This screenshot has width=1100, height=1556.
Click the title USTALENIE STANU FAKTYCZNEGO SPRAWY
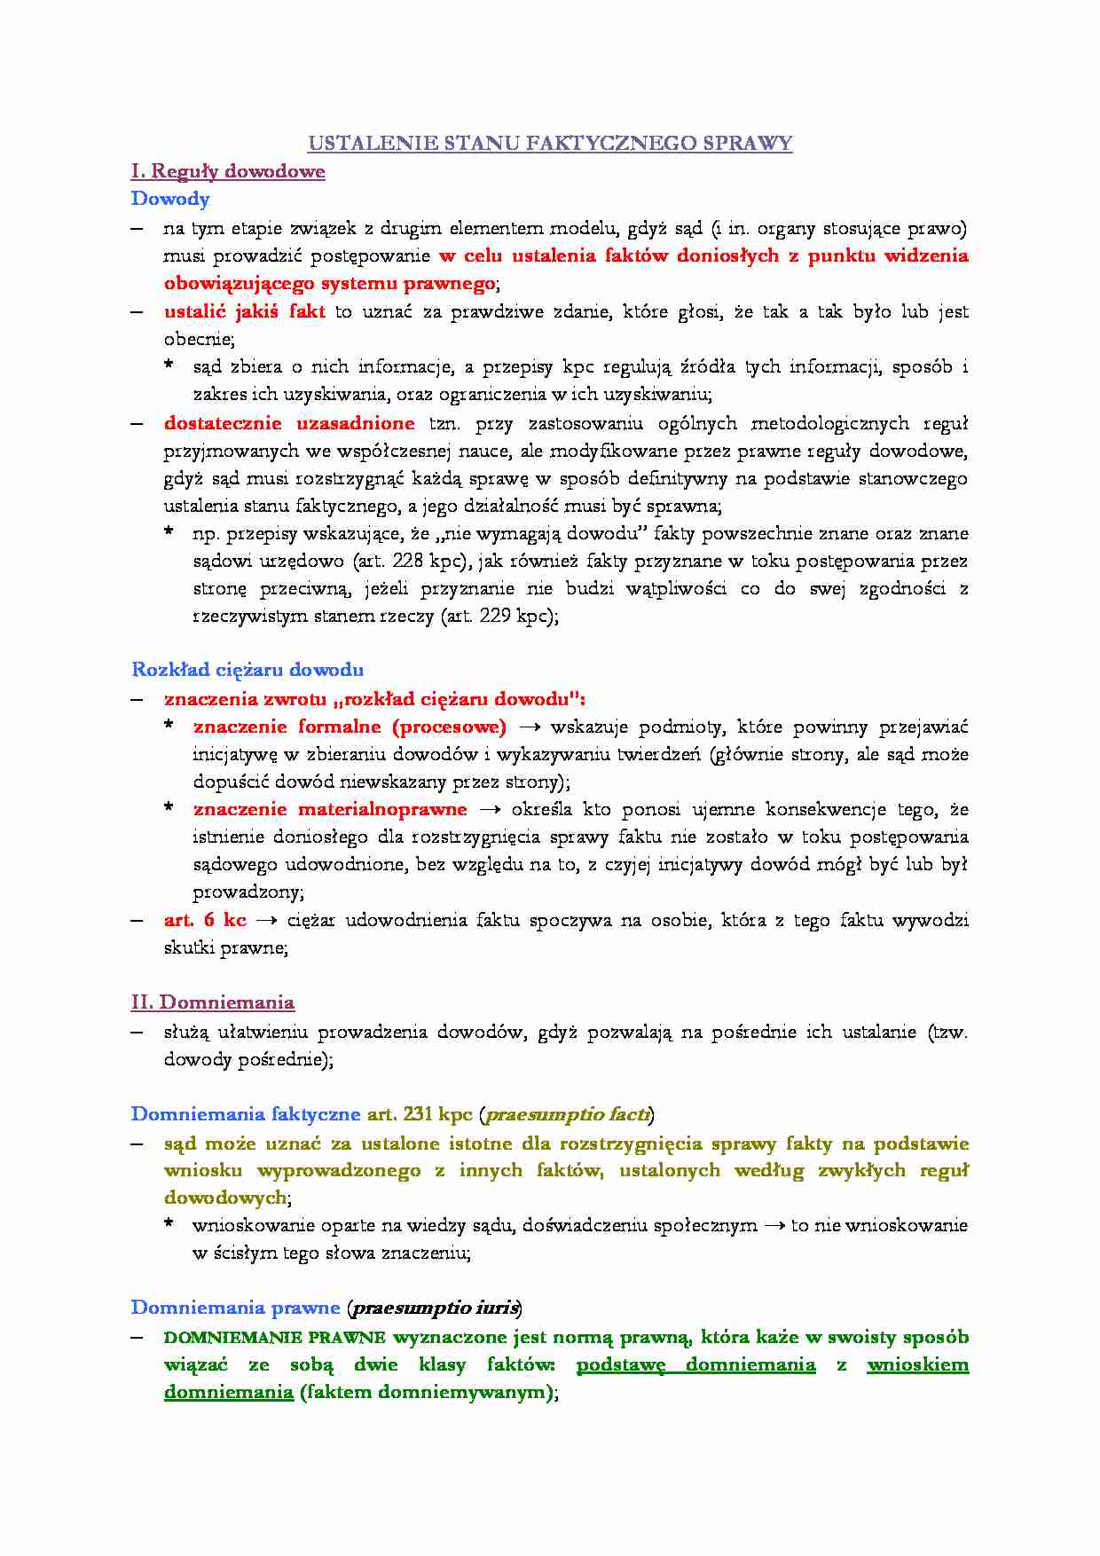549,143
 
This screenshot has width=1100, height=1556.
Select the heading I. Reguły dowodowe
228,171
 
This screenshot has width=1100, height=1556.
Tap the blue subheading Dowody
170,199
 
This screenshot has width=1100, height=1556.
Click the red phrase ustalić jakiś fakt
244,311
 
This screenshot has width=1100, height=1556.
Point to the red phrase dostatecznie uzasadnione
289,423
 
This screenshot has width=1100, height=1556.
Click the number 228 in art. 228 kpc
407,561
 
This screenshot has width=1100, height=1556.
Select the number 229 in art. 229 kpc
495,616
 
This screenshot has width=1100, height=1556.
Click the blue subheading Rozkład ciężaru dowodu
247,670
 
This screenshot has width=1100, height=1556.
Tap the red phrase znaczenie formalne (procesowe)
350,727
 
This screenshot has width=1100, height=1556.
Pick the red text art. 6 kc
205,920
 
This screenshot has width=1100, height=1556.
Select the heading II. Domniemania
213,1002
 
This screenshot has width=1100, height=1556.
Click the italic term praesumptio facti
567,1114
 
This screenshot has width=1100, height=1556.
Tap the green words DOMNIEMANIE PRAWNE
275,1337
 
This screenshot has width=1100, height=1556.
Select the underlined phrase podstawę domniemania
695,1364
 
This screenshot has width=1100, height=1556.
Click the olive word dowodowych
225,1198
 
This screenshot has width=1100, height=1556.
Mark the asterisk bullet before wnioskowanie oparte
169,1225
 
